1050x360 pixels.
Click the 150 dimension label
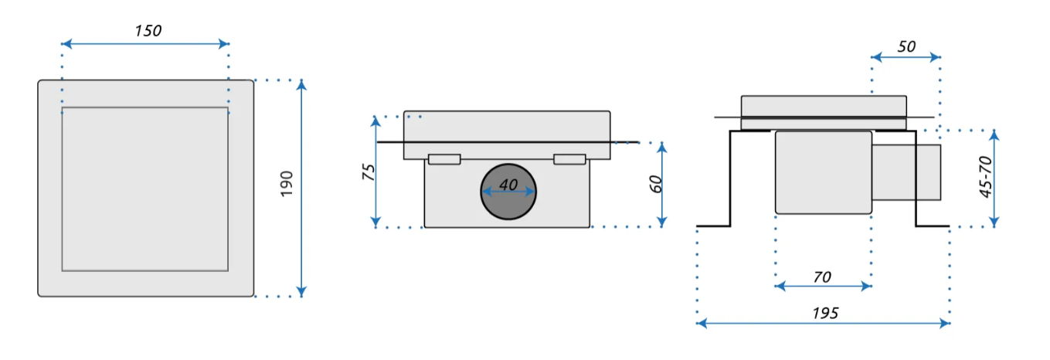(148, 31)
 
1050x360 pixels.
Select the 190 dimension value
(287, 184)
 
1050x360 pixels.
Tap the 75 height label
(369, 172)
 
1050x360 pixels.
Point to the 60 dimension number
(656, 184)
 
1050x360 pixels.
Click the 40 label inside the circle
(508, 185)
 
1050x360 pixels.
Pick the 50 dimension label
(906, 46)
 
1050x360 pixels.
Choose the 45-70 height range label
(985, 177)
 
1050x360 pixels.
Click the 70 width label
(823, 277)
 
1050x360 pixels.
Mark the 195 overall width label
(825, 313)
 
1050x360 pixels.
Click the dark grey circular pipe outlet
(508, 192)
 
